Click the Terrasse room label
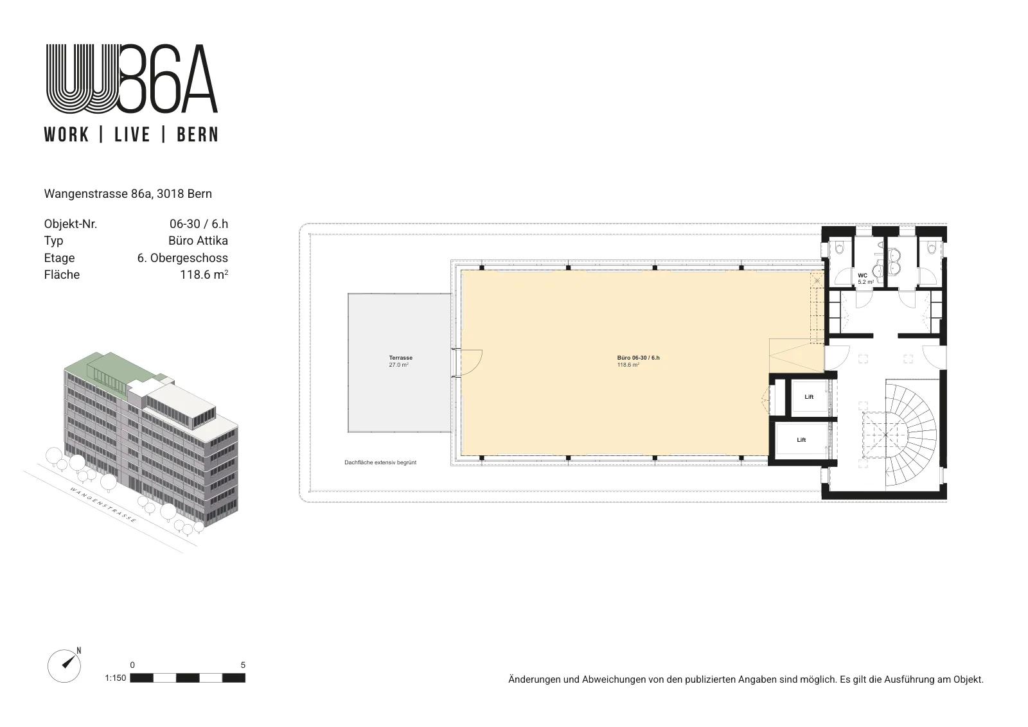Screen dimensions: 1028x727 pyautogui.click(x=401, y=358)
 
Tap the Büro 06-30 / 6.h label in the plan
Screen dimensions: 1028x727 pyautogui.click(x=638, y=358)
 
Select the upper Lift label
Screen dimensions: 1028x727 pyautogui.click(x=809, y=397)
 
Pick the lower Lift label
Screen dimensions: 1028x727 pyautogui.click(x=801, y=440)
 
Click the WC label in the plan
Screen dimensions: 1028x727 pyautogui.click(x=862, y=276)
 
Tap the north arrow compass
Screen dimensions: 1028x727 pyautogui.click(x=64, y=666)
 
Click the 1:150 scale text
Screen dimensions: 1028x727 pyautogui.click(x=115, y=678)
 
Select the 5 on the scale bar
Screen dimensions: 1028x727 pyautogui.click(x=243, y=665)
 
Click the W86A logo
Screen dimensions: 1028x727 pyautogui.click(x=132, y=78)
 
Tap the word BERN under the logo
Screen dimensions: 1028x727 pyautogui.click(x=197, y=135)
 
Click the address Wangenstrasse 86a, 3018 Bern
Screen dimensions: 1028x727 pyautogui.click(x=128, y=194)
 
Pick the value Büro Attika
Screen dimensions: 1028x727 pyautogui.click(x=199, y=241)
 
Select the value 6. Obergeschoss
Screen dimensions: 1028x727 pyautogui.click(x=182, y=258)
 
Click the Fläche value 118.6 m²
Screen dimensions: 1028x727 pyautogui.click(x=204, y=275)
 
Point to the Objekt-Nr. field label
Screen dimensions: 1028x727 pyautogui.click(x=71, y=224)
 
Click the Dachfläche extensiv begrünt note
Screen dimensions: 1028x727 pyautogui.click(x=380, y=462)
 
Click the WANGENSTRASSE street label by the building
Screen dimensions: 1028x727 pyautogui.click(x=103, y=505)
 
